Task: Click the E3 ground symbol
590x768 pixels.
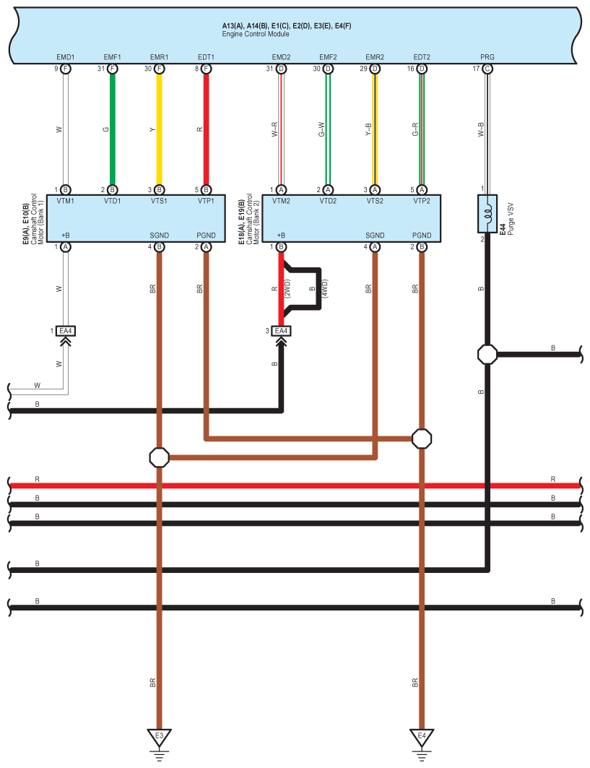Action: click(x=160, y=738)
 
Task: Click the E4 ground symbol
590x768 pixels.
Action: click(x=422, y=738)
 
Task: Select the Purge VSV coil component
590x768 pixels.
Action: click(x=488, y=212)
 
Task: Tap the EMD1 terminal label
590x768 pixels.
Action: click(x=66, y=57)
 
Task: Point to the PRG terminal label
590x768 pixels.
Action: click(x=487, y=57)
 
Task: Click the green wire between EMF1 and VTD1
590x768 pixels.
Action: click(x=113, y=130)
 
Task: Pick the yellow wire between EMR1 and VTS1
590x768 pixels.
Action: click(x=160, y=130)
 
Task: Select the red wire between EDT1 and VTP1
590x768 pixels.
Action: click(x=207, y=130)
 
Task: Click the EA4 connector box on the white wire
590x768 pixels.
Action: click(x=66, y=331)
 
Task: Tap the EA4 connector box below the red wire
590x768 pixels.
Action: click(x=282, y=331)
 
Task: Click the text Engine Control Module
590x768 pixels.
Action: click(x=256, y=34)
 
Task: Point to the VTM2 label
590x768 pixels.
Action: click(x=282, y=201)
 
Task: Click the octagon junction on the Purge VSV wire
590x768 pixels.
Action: click(x=487, y=355)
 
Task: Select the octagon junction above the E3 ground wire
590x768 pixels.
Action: click(x=160, y=457)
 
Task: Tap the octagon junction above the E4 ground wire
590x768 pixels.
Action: click(x=422, y=438)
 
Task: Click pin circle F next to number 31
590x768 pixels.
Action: click(x=113, y=69)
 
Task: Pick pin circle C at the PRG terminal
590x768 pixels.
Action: click(x=487, y=69)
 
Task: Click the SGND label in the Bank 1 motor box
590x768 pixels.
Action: click(x=159, y=236)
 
